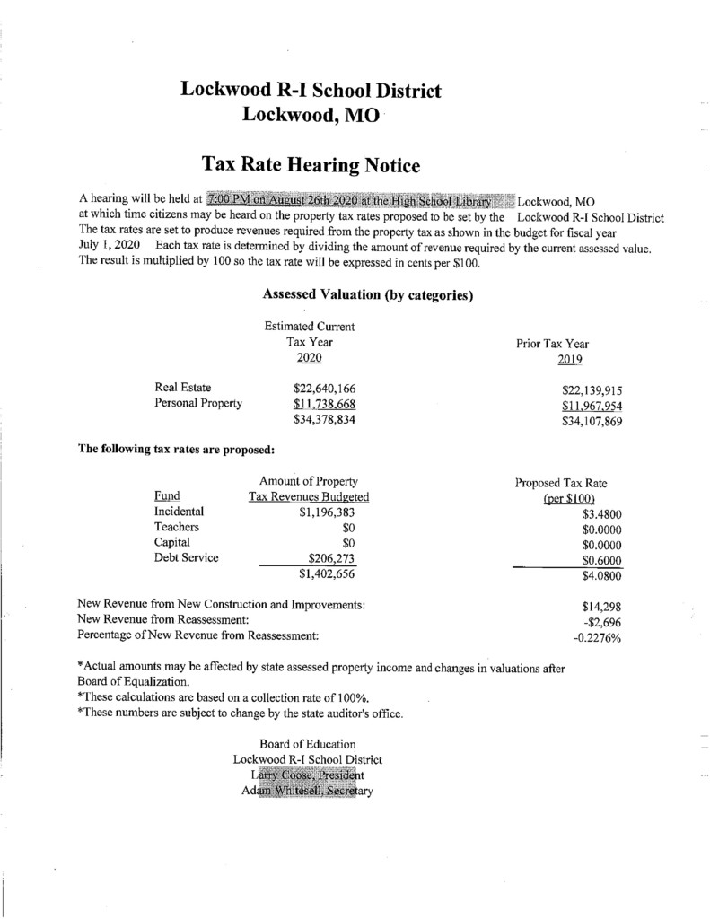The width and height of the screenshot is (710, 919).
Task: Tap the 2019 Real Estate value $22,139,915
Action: click(x=592, y=389)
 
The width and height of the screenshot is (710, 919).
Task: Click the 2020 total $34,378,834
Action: click(x=325, y=420)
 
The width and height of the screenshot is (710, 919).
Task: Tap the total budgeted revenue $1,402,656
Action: click(x=327, y=574)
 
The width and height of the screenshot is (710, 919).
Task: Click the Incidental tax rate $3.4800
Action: click(x=602, y=515)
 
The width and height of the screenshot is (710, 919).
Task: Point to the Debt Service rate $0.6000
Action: click(x=602, y=560)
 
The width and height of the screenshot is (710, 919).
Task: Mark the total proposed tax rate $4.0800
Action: click(x=602, y=576)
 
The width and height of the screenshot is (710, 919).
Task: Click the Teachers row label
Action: click(x=177, y=527)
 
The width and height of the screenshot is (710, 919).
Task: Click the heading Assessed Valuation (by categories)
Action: click(x=367, y=294)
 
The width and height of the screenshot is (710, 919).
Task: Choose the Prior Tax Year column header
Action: click(x=552, y=344)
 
